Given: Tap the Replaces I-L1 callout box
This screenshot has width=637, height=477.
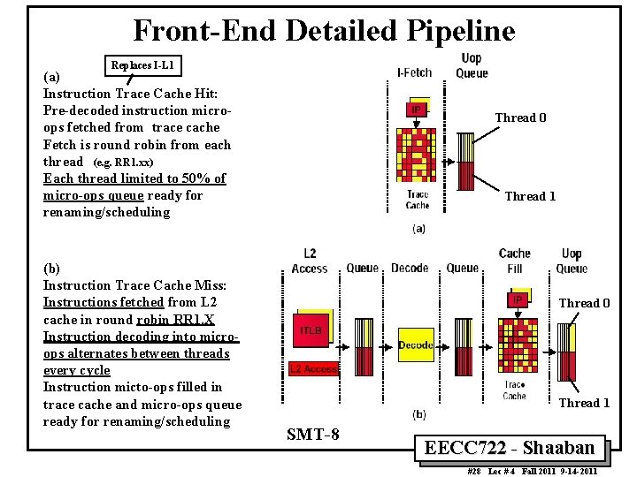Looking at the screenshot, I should point(142,65).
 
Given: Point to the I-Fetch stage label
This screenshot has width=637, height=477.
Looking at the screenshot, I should point(414,72).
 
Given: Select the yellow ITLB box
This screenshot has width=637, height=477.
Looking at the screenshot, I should point(310,329).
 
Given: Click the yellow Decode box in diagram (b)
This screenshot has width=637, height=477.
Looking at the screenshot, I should point(416,344).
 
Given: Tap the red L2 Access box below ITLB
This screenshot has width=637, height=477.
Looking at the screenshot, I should point(313,369).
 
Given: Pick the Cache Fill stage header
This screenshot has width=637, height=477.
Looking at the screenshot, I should point(514,261).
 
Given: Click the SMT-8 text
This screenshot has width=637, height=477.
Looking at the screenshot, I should point(313,434).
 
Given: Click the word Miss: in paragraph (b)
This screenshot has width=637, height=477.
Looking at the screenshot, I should point(209,285).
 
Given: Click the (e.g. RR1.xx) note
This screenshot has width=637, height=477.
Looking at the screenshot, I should point(123,163).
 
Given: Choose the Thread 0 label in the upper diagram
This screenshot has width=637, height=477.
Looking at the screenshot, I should point(520,118).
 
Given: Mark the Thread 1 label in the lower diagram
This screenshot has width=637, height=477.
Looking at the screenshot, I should point(584,403).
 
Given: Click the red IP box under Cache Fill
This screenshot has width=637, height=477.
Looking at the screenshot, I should point(516,300).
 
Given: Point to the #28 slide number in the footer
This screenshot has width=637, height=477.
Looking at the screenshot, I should point(474,472).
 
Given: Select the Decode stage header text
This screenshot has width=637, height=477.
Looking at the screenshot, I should point(410,268).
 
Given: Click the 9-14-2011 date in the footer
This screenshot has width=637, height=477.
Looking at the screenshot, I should point(576,472).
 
